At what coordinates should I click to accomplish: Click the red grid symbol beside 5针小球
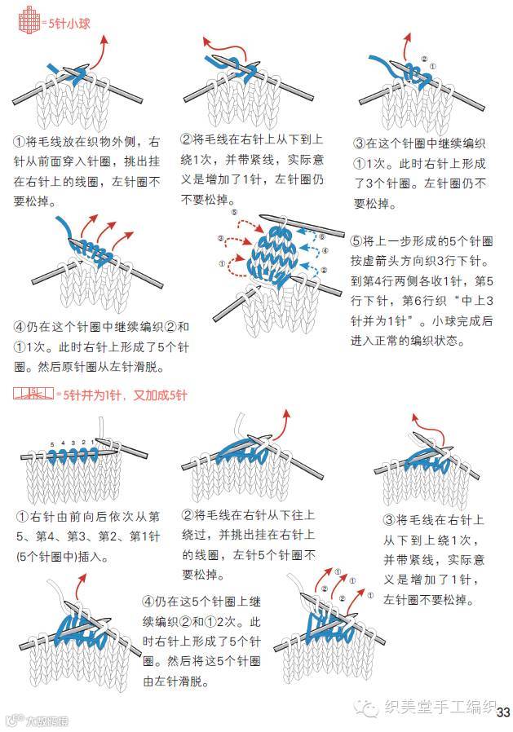tap(29, 23)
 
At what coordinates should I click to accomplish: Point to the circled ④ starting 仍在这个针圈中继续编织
tap(21, 327)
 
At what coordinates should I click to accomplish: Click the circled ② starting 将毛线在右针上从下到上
tap(187, 140)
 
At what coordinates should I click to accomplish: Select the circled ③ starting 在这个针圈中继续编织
tap(360, 143)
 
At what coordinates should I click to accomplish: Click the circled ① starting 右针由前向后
tap(23, 516)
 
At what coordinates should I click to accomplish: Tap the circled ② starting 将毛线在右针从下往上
tap(187, 516)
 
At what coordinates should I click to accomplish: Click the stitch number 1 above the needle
tap(92, 443)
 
